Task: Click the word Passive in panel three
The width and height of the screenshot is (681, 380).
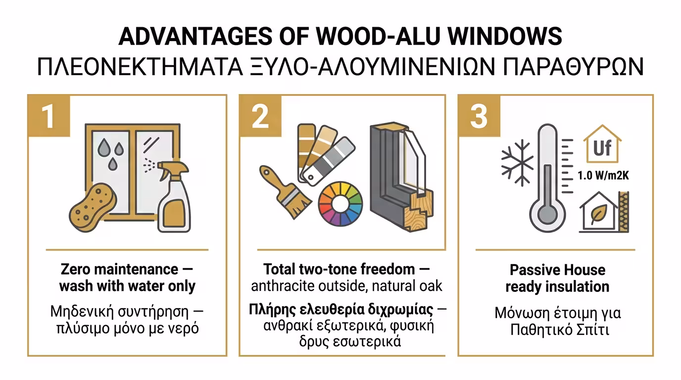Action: click(x=532, y=270)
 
